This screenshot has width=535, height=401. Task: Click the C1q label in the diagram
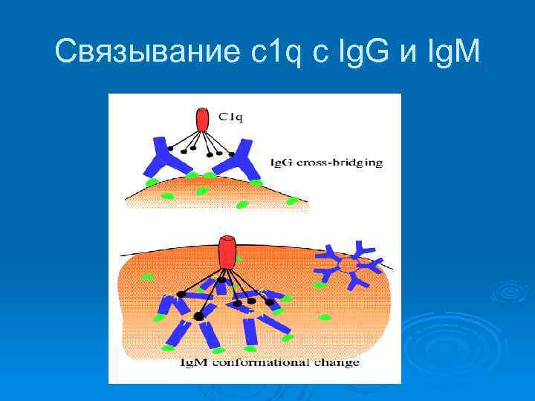232,116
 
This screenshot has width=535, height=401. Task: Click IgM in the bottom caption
195,363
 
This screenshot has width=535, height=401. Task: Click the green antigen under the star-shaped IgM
320,284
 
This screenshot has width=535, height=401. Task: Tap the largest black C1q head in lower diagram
198,316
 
